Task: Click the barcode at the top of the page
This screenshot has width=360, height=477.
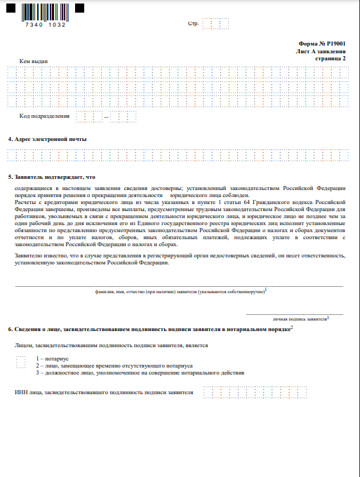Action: click(x=44, y=12)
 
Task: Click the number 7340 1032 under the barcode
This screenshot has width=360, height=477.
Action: click(x=44, y=25)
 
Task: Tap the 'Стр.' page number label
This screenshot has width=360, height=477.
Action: click(x=194, y=25)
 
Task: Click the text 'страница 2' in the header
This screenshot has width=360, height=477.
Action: click(x=329, y=59)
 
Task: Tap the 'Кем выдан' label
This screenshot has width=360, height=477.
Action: click(x=34, y=62)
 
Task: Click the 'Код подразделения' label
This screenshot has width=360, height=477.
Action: click(x=44, y=116)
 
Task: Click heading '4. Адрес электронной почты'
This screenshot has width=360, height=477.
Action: click(x=47, y=140)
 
